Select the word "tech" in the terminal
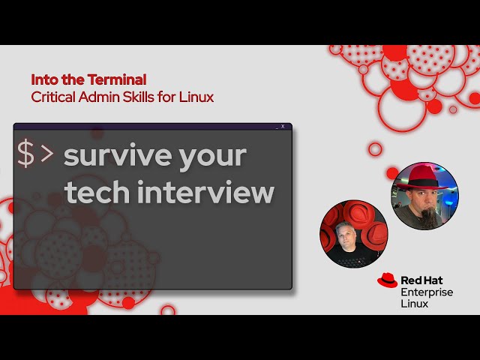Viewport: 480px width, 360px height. (x=92, y=193)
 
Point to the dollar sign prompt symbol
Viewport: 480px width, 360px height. (x=25, y=154)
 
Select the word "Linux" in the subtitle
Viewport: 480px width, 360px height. (x=196, y=97)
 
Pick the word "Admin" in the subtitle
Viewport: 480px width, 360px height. (x=101, y=97)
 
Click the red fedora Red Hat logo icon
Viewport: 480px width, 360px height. (x=387, y=280)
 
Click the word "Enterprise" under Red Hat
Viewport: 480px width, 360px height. (x=426, y=292)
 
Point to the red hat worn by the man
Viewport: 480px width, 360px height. (x=421, y=177)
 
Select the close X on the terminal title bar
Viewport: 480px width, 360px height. (x=283, y=126)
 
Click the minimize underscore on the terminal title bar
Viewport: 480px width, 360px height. (x=275, y=127)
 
